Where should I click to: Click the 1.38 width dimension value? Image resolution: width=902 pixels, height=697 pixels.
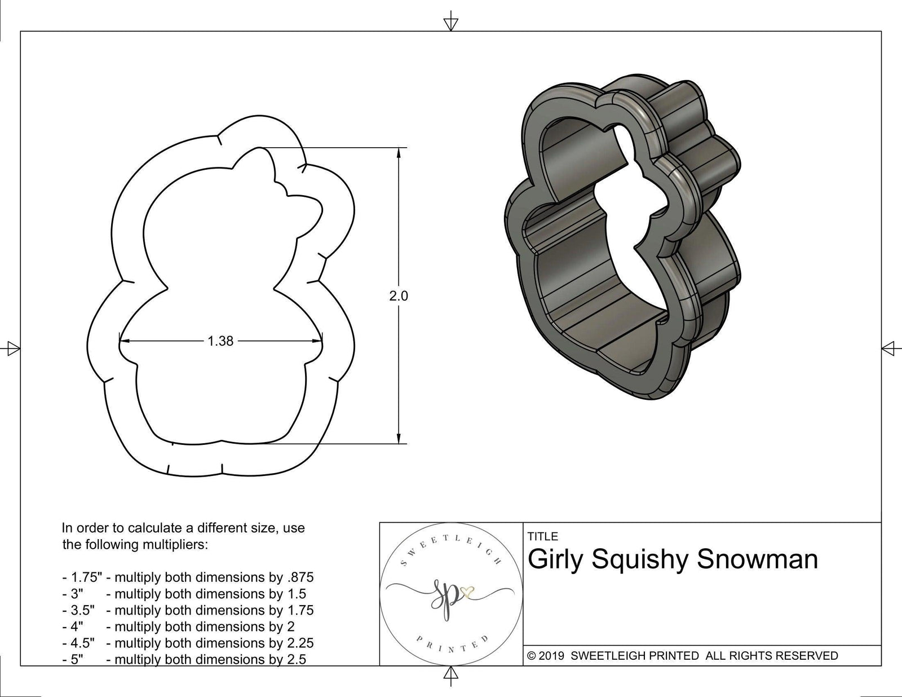point(220,341)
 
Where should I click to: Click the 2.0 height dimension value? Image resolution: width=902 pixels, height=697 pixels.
point(399,295)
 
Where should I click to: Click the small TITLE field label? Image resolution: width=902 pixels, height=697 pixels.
point(543,536)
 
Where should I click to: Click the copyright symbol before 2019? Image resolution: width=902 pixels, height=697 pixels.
point(532,656)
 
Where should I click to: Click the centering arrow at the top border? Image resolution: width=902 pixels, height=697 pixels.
point(450,23)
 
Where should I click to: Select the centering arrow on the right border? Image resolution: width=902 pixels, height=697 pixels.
point(889,348)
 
